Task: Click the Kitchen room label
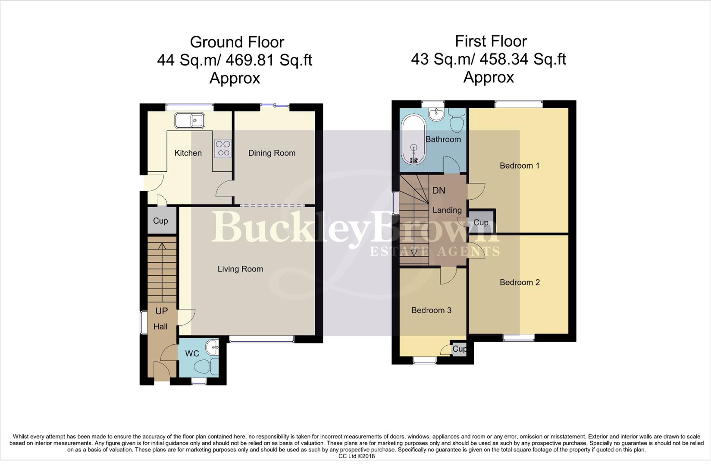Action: pos(188,153)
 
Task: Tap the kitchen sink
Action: pos(190,120)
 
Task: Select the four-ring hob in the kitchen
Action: pos(222,148)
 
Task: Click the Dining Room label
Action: pos(272,153)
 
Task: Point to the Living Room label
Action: pos(240,269)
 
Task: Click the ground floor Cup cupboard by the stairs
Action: pos(161,221)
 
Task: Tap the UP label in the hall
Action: pos(161,311)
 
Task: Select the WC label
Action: pos(192,354)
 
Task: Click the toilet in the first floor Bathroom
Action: pos(456,121)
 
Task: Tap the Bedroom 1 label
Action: pos(520,166)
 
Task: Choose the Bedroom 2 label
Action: pos(520,283)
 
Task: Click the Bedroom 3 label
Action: pos(431,311)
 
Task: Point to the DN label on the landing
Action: pos(439,191)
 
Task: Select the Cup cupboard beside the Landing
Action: pos(481,222)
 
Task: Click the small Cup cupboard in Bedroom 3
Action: pos(459,349)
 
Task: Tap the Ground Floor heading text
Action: pos(237,42)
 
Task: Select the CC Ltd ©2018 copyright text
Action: pos(356,456)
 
